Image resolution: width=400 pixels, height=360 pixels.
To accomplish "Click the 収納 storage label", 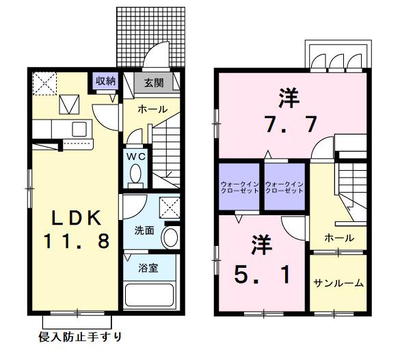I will coord(105,81).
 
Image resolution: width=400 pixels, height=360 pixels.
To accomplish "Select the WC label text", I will coord(135,156).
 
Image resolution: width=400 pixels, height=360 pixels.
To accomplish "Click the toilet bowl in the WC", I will coord(135,176).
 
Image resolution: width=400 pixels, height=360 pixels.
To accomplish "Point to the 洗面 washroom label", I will coord(144,231).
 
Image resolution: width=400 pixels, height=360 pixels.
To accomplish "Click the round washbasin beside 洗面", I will coord(170,237).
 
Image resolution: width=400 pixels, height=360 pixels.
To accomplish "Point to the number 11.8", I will coord(77,241).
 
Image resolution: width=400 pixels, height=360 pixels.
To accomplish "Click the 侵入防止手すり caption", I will coord(79,337).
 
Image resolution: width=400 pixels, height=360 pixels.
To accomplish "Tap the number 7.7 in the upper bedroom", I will coord(287,125).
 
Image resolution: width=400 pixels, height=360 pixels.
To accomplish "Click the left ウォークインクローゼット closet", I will coord(239,187).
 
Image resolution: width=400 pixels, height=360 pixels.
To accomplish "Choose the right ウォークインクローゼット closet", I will coord(284,187).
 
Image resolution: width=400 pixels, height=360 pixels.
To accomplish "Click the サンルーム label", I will coord(338,283).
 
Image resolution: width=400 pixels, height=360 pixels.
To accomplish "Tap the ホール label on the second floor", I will coord(339,238).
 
